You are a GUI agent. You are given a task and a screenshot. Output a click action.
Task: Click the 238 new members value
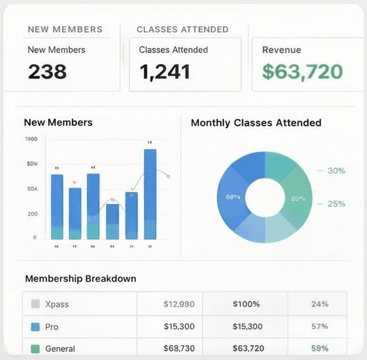[x=47, y=71]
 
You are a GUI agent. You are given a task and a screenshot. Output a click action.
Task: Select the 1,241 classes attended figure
[x=165, y=72]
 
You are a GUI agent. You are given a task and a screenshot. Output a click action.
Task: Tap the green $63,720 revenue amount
[x=302, y=71]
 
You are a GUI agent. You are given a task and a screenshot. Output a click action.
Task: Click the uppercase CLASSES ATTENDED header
[x=182, y=30]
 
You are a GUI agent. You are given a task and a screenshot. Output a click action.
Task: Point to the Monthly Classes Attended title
[x=256, y=123]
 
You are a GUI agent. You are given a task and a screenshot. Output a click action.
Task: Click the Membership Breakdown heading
[x=81, y=279]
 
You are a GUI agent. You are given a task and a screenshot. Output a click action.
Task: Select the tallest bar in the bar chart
[x=150, y=194]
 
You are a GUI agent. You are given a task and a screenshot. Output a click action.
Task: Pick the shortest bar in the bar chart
[x=112, y=221]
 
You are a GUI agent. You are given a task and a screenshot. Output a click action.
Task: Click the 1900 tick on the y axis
[x=32, y=139]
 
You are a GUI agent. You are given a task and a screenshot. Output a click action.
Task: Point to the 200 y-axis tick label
[x=32, y=214]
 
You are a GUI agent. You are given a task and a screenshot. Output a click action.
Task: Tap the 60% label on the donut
[x=233, y=197]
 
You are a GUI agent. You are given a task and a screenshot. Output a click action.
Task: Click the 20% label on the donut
[x=298, y=199]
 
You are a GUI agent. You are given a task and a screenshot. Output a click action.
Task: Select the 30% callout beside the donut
[x=336, y=171]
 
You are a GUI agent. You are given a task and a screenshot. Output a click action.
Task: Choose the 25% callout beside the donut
[x=336, y=204]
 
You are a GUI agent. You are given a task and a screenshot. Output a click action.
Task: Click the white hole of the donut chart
[x=265, y=197]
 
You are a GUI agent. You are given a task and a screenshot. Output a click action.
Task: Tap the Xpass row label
[x=57, y=304]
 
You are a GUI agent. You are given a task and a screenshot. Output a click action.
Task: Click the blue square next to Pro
[x=35, y=327]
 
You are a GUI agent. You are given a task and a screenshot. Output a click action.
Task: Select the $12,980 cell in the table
[x=179, y=304]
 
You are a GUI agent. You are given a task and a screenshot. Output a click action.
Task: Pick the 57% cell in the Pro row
[x=319, y=326]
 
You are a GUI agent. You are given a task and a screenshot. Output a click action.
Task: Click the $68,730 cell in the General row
[x=179, y=349]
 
